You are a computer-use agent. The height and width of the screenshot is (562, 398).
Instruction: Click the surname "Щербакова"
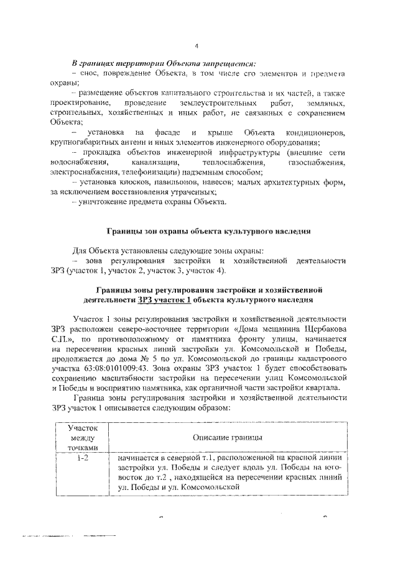click(320, 329)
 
